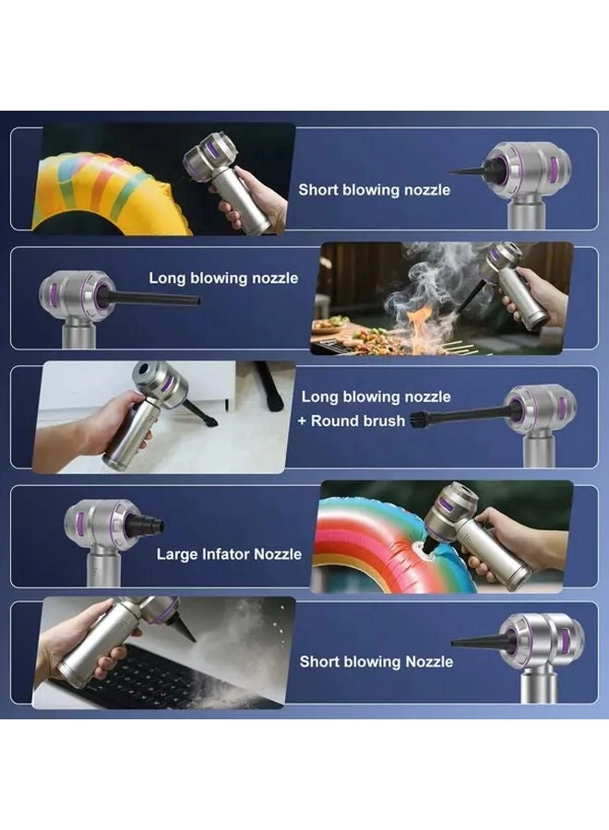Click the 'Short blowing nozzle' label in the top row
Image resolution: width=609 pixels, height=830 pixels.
[374, 190]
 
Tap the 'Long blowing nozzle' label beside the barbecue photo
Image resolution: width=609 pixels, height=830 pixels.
[223, 278]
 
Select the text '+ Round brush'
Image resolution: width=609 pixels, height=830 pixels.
[352, 421]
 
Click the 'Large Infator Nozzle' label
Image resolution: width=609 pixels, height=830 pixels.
[229, 554]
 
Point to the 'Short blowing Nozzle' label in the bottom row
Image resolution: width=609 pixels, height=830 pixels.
[376, 661]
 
